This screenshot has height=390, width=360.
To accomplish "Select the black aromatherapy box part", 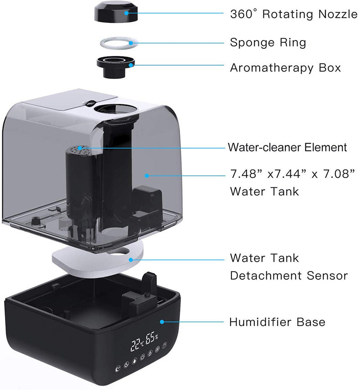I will pyautogui.click(x=114, y=67).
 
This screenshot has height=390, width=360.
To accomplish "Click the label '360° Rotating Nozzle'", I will pyautogui.click(x=293, y=14).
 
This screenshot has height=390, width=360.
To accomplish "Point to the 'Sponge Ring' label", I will pyautogui.click(x=268, y=43).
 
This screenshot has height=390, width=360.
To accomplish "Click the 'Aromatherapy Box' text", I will pyautogui.click(x=285, y=68).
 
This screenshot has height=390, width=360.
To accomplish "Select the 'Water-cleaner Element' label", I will pyautogui.click(x=287, y=148).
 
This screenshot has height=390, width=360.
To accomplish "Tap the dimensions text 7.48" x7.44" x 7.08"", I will pyautogui.click(x=292, y=174).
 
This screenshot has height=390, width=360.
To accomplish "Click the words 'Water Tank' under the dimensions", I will pyautogui.click(x=264, y=190).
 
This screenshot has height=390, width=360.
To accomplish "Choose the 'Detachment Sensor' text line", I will pyautogui.click(x=288, y=276).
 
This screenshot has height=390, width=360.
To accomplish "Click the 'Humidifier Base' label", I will pyautogui.click(x=277, y=322).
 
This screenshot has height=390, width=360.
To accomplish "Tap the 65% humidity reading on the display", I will pyautogui.click(x=151, y=339).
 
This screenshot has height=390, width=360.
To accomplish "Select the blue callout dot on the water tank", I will pyautogui.click(x=147, y=174).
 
